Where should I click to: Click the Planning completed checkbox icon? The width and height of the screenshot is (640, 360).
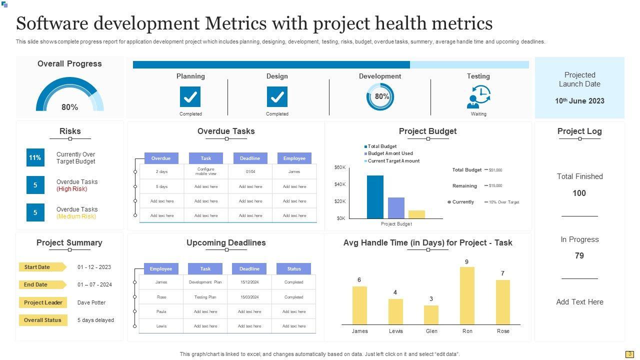[x=190, y=96]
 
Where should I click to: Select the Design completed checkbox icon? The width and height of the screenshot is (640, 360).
[x=277, y=96]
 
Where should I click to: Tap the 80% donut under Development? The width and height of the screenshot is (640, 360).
[x=380, y=96]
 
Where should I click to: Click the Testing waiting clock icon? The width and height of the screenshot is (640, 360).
[x=479, y=96]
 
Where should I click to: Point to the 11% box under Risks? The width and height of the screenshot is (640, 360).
[x=35, y=157]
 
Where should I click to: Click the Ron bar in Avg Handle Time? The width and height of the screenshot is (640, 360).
[x=467, y=295]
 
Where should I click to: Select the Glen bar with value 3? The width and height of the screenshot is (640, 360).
[x=431, y=315]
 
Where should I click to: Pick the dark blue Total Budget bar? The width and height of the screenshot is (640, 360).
[x=375, y=196]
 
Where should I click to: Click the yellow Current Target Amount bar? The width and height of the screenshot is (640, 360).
[x=416, y=214]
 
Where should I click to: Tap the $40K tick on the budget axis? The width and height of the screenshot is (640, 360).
[x=340, y=184]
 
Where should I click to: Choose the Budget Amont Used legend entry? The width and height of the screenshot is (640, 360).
[x=390, y=153]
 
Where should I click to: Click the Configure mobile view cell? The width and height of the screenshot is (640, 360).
[x=205, y=171]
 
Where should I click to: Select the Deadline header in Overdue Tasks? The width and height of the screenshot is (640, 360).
[x=249, y=158]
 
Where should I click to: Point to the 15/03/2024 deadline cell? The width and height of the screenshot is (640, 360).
[x=249, y=297]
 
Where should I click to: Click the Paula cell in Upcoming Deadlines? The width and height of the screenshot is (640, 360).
[x=161, y=311]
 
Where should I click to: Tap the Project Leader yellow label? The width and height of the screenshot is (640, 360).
[x=43, y=302]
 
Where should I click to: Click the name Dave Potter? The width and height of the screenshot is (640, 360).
[x=91, y=302]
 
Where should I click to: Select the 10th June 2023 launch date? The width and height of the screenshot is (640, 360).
[x=579, y=101]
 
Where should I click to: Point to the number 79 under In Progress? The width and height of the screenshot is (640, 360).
[x=579, y=255]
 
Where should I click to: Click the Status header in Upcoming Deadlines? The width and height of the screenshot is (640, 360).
[x=294, y=268]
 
